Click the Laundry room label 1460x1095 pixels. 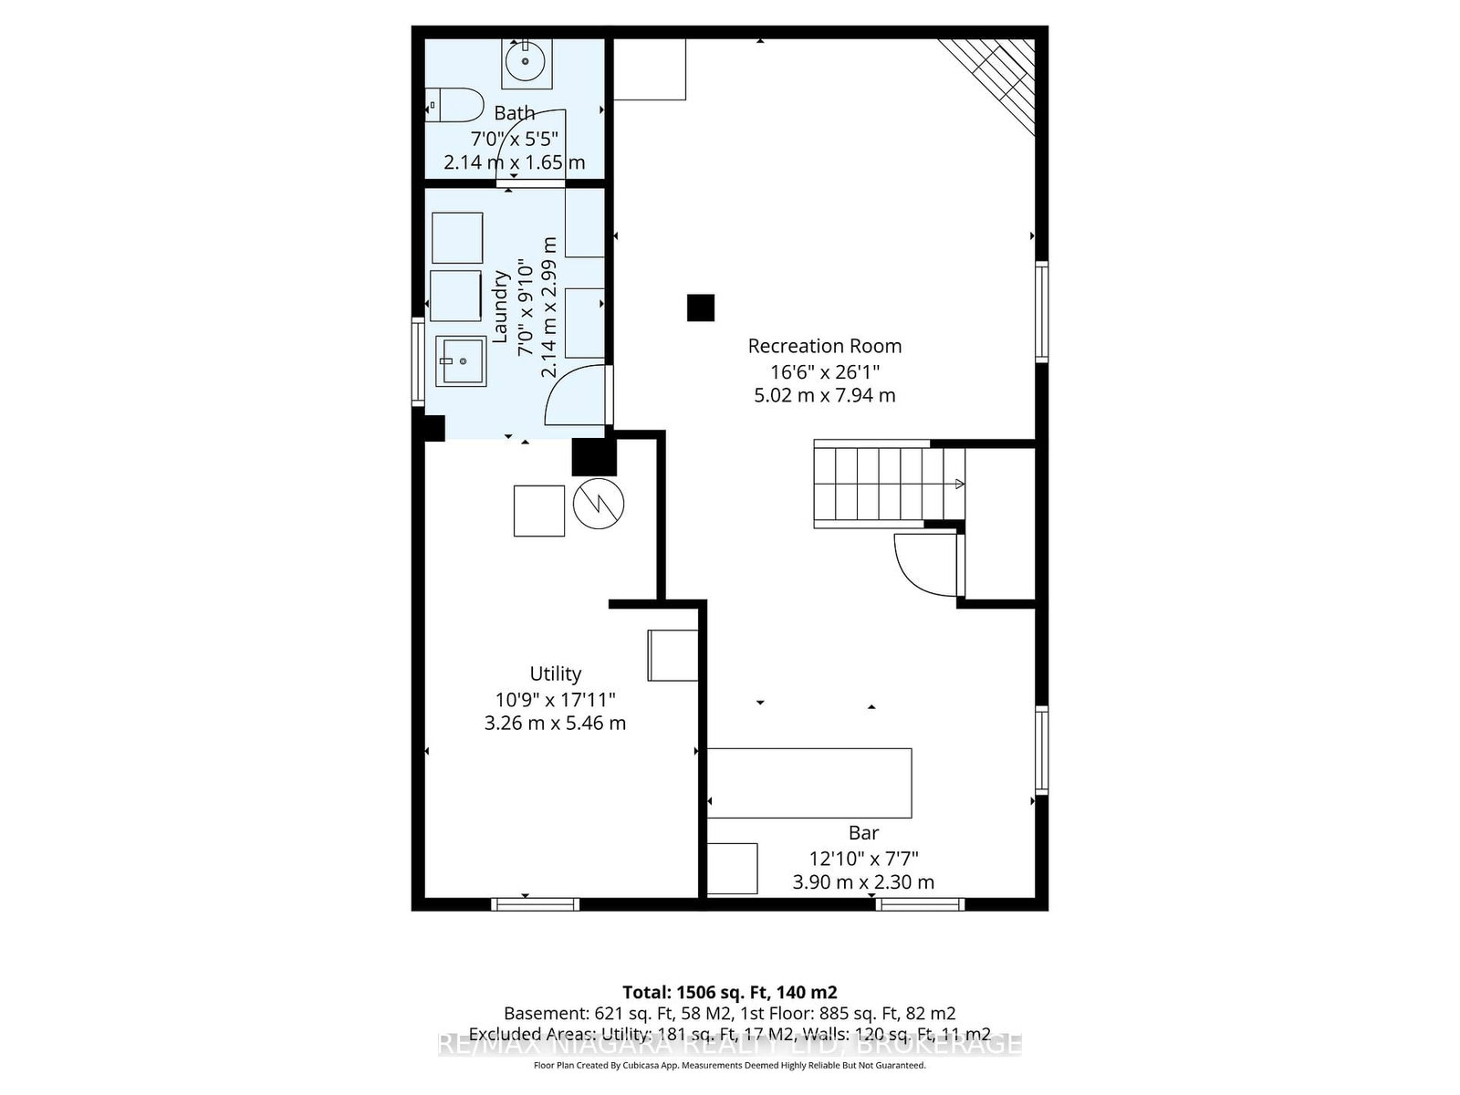point(500,306)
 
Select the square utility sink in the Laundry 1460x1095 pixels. point(461,361)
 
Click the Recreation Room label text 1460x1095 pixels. point(824,346)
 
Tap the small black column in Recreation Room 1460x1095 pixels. point(700,308)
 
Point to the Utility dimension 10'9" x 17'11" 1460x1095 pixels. point(555,699)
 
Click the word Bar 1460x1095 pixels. point(863,832)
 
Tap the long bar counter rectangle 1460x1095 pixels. point(809,783)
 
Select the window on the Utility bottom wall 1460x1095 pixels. point(535,904)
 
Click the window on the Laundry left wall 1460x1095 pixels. point(418,360)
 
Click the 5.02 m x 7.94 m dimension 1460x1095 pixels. point(824,395)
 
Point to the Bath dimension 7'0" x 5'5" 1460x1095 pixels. point(514,139)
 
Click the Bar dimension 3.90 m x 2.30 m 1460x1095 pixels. point(863,882)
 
